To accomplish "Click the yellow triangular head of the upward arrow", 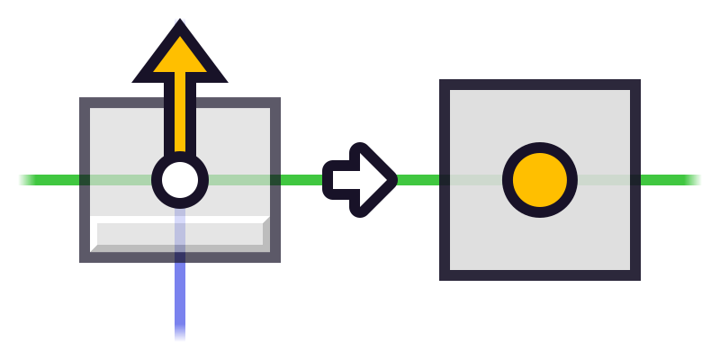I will coord(180,58).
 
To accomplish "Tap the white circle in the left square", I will coord(180,180).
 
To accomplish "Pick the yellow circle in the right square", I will coord(540,180).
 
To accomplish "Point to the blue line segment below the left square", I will coord(180,301).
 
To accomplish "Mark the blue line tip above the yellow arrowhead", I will coord(180,21).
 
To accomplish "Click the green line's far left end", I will coord(23,180).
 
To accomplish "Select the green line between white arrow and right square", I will coord(418,180).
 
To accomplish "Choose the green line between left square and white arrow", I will coord(301,180).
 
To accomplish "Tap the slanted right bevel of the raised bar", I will coord(266,230).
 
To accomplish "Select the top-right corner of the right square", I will coord(635,85).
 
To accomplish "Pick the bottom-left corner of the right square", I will coord(445,275).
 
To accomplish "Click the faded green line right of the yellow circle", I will coord(603,180).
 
